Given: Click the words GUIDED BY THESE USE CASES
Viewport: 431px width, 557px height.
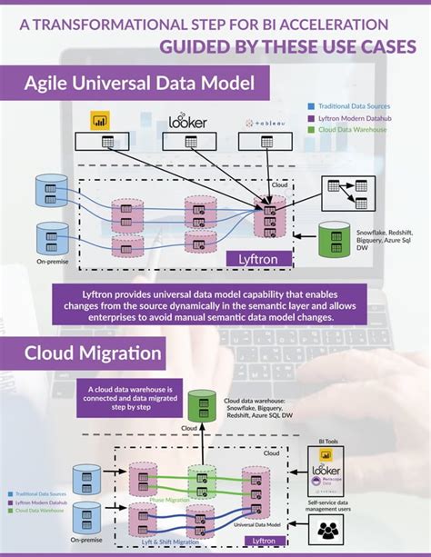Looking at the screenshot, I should pyautogui.click(x=287, y=47).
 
